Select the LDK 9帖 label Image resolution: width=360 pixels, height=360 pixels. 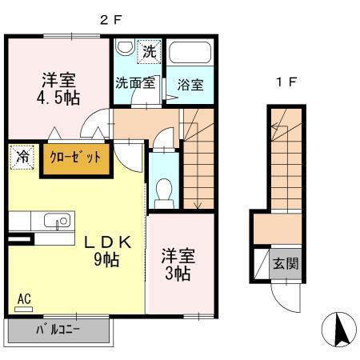coord(102,250)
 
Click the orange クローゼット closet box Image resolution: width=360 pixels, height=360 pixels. coord(75,158)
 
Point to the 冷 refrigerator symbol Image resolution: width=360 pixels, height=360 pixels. coord(22,156)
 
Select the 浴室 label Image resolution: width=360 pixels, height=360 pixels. coord(190,83)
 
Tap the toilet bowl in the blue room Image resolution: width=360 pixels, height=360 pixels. coord(165,190)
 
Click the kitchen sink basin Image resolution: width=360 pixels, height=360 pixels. coord(54,221)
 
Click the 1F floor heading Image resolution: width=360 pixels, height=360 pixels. coord(286,82)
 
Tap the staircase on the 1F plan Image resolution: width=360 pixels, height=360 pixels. coord(286,160)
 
